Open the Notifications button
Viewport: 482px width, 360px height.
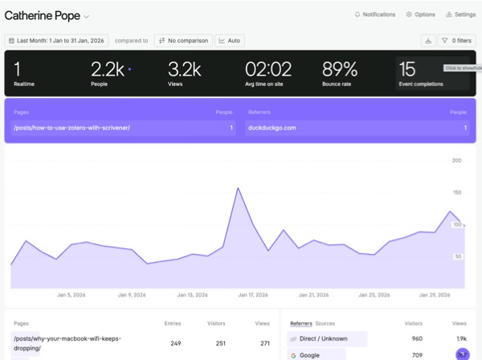pyautogui.click(x=374, y=14)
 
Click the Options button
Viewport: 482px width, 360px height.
pyautogui.click(x=420, y=14)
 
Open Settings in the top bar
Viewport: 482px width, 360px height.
pyautogui.click(x=460, y=14)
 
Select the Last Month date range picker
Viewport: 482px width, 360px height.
pyautogui.click(x=56, y=40)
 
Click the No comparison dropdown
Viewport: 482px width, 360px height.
pyautogui.click(x=183, y=40)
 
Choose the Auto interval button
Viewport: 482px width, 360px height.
pyautogui.click(x=230, y=40)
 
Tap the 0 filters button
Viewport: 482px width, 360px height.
pyautogui.click(x=455, y=40)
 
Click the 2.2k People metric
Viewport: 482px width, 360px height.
pyautogui.click(x=108, y=72)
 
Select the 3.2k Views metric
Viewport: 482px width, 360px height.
pyautogui.click(x=184, y=72)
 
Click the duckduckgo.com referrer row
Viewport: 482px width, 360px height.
pyautogui.click(x=356, y=128)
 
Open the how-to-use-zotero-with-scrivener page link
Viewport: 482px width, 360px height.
pyautogui.click(x=71, y=128)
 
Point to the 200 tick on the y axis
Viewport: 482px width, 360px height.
pyautogui.click(x=456, y=161)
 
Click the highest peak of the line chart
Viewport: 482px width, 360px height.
pyautogui.click(x=239, y=188)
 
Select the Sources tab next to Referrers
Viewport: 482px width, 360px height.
pyautogui.click(x=325, y=323)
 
